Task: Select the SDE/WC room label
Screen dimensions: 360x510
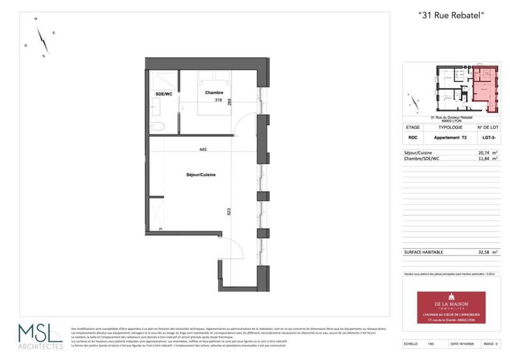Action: point(164,94)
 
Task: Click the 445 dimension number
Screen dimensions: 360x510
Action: point(203,150)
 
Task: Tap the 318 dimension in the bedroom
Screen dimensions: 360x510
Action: point(218,101)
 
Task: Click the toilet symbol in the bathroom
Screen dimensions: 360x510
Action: point(159,124)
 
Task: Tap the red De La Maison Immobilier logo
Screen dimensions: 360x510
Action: point(451,307)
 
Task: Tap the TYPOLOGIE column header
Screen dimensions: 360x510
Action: point(451,127)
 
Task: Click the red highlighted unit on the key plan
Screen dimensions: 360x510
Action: point(486,87)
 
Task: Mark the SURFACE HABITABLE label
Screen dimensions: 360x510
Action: point(423,252)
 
